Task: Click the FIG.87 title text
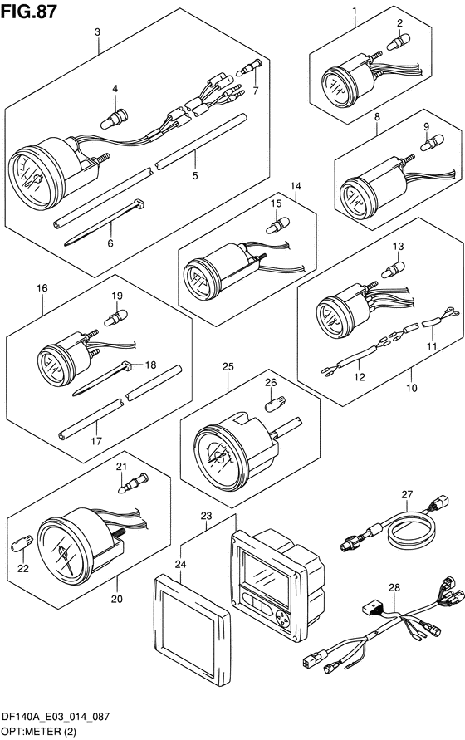coord(29,12)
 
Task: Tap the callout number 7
coord(256,91)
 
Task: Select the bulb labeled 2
coord(399,42)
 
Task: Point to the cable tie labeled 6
coord(104,222)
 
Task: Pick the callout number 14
coord(296,186)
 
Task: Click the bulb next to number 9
coord(432,142)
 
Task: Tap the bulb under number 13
coord(393,270)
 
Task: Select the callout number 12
coord(360,377)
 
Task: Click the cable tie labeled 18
coord(101,379)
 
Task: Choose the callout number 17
coord(96,441)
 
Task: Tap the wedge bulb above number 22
coord(22,543)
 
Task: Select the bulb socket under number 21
coord(133,484)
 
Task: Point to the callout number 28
coord(394,587)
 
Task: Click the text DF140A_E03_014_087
coord(56,718)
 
